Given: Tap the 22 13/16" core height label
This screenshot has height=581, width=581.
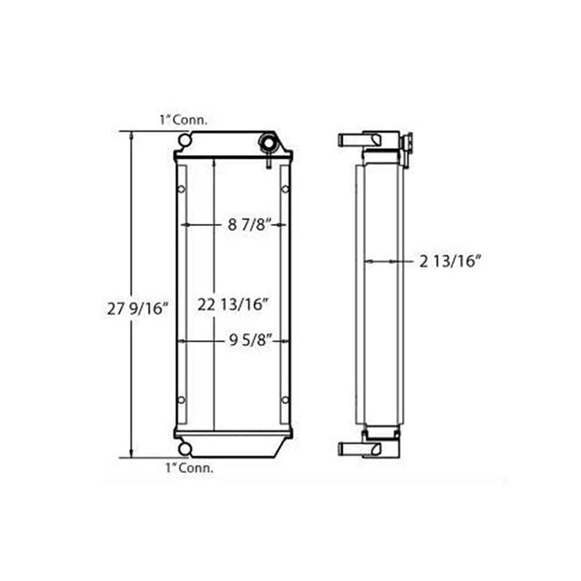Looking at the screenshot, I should click(235, 305).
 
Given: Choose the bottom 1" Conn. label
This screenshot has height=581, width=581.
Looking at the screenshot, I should click(189, 468).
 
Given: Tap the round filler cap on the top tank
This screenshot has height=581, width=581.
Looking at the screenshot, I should click(269, 144).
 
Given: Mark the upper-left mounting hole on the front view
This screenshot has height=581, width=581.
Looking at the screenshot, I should click(182, 190).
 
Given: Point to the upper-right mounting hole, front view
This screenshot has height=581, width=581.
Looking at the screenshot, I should click(287, 190).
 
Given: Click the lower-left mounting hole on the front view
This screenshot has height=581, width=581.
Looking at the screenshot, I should click(182, 399).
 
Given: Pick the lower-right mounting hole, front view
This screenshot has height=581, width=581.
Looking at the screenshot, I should click(287, 399).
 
